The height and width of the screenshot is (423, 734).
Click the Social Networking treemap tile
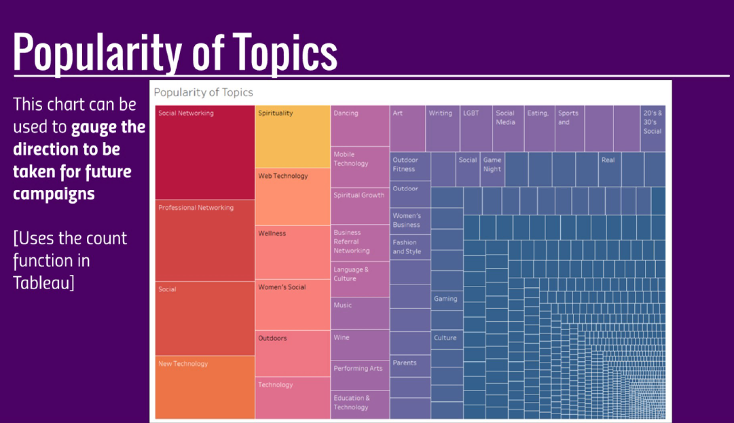(x=205, y=152)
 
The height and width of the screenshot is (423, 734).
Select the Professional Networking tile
(x=205, y=240)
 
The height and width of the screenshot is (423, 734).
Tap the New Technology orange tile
(x=205, y=387)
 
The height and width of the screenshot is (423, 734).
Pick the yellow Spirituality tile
(x=293, y=136)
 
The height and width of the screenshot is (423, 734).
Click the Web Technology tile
(x=293, y=197)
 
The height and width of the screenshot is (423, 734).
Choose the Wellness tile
(x=293, y=252)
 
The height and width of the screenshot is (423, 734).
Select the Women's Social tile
(x=293, y=305)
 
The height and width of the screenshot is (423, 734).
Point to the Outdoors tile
(x=293, y=353)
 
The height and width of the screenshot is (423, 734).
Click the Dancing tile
(x=360, y=126)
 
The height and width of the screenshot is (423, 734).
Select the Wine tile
(x=360, y=345)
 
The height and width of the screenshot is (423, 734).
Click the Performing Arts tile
(x=360, y=375)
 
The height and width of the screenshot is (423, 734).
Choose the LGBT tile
(x=476, y=128)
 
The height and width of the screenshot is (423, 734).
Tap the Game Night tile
(x=492, y=169)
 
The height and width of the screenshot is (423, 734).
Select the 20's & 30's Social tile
(x=653, y=128)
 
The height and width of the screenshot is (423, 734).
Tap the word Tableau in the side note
(x=42, y=282)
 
